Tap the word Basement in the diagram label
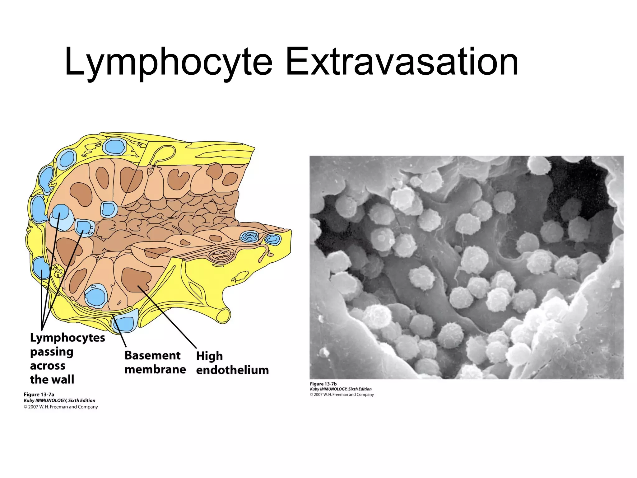[152, 355]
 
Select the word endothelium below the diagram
[232, 370]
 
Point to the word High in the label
[209, 356]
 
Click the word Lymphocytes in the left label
[67, 338]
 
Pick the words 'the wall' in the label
[52, 380]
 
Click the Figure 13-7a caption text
[39, 395]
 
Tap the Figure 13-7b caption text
[323, 384]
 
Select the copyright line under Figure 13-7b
[342, 395]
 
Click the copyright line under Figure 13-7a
[61, 407]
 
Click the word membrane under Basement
[155, 370]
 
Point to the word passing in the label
[52, 352]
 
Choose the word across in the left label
[48, 366]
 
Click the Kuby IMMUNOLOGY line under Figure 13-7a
[59, 401]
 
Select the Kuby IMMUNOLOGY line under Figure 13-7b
[341, 389]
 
